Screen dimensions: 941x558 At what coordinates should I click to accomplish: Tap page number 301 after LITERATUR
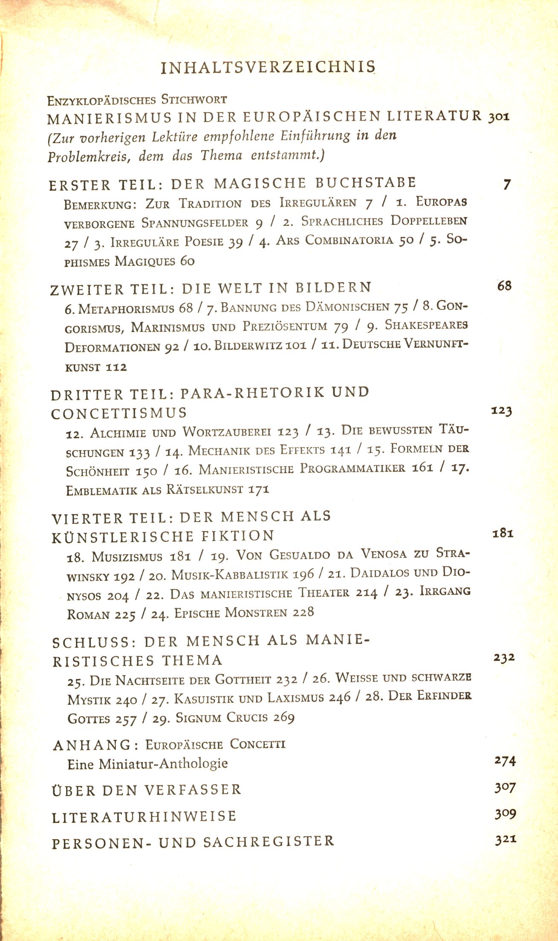tap(499, 117)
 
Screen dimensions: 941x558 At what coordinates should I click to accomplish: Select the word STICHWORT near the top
tap(194, 100)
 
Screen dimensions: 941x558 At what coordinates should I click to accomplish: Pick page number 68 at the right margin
tap(504, 286)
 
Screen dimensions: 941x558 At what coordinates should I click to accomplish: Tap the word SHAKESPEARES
tap(426, 325)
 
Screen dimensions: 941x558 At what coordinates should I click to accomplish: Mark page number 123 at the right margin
tap(501, 411)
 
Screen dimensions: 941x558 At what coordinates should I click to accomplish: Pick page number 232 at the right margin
tap(504, 657)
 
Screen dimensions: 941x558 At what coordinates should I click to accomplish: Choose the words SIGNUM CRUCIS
tap(222, 718)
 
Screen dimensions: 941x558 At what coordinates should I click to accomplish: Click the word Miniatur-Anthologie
tap(163, 763)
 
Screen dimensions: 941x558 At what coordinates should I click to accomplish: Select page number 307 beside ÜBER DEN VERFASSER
tap(505, 788)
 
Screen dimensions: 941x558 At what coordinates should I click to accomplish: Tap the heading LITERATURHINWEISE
tap(144, 816)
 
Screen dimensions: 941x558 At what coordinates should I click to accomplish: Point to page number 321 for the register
tap(506, 840)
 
